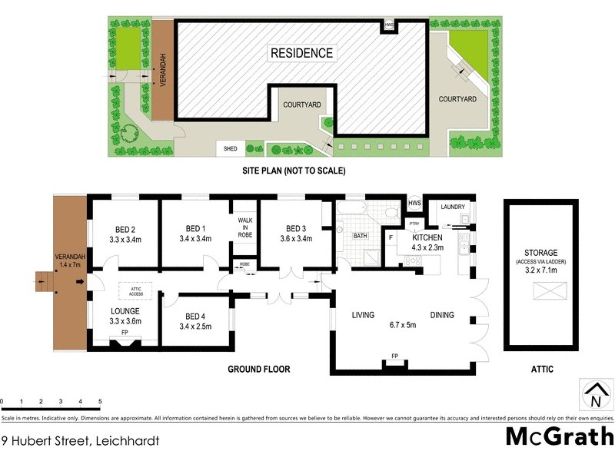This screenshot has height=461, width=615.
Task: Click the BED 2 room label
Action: pos(125,229)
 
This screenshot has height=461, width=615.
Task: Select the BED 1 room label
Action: pos(195,228)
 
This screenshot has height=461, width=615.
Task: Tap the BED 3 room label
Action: pos(296,228)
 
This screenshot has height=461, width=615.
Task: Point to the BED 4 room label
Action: pos(195,316)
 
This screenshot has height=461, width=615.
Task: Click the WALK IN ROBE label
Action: pos(244,227)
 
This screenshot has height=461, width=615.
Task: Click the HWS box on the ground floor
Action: pos(414,203)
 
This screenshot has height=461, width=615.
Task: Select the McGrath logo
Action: pos(557,437)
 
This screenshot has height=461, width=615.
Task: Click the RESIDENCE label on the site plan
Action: pos(301,53)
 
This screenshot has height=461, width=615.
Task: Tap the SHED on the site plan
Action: pos(230,148)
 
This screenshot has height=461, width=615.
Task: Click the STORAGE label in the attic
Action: pos(541,252)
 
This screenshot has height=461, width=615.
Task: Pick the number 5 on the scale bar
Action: pos(100,402)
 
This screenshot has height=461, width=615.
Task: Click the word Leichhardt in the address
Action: pos(118,441)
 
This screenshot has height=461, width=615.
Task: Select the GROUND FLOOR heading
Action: pos(258,370)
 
